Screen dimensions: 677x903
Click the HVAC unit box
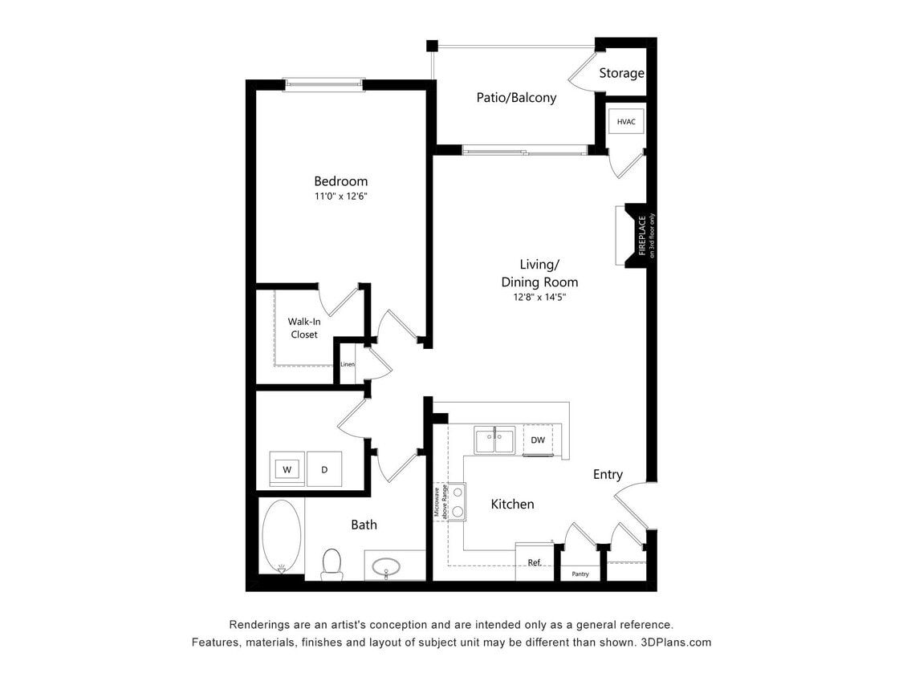(x=626, y=122)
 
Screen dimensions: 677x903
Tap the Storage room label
(x=621, y=73)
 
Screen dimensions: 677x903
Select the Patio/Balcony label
(x=516, y=98)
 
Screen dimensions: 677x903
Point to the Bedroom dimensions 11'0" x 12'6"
(x=341, y=197)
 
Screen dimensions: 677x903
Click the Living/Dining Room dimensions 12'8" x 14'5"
(x=539, y=297)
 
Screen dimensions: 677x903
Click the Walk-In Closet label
(x=304, y=328)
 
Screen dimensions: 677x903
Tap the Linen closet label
(x=348, y=364)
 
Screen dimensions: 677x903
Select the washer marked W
(x=287, y=469)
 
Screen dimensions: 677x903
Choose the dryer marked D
(x=324, y=469)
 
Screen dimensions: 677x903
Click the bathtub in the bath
(x=281, y=535)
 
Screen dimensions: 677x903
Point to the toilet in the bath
(x=332, y=563)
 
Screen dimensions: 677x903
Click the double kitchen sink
(x=494, y=440)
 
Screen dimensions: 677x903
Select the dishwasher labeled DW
(x=538, y=440)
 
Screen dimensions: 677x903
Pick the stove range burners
(x=457, y=501)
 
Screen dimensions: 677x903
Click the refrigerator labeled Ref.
(x=534, y=562)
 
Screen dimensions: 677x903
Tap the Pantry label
(x=580, y=574)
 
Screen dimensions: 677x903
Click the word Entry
(x=608, y=474)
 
